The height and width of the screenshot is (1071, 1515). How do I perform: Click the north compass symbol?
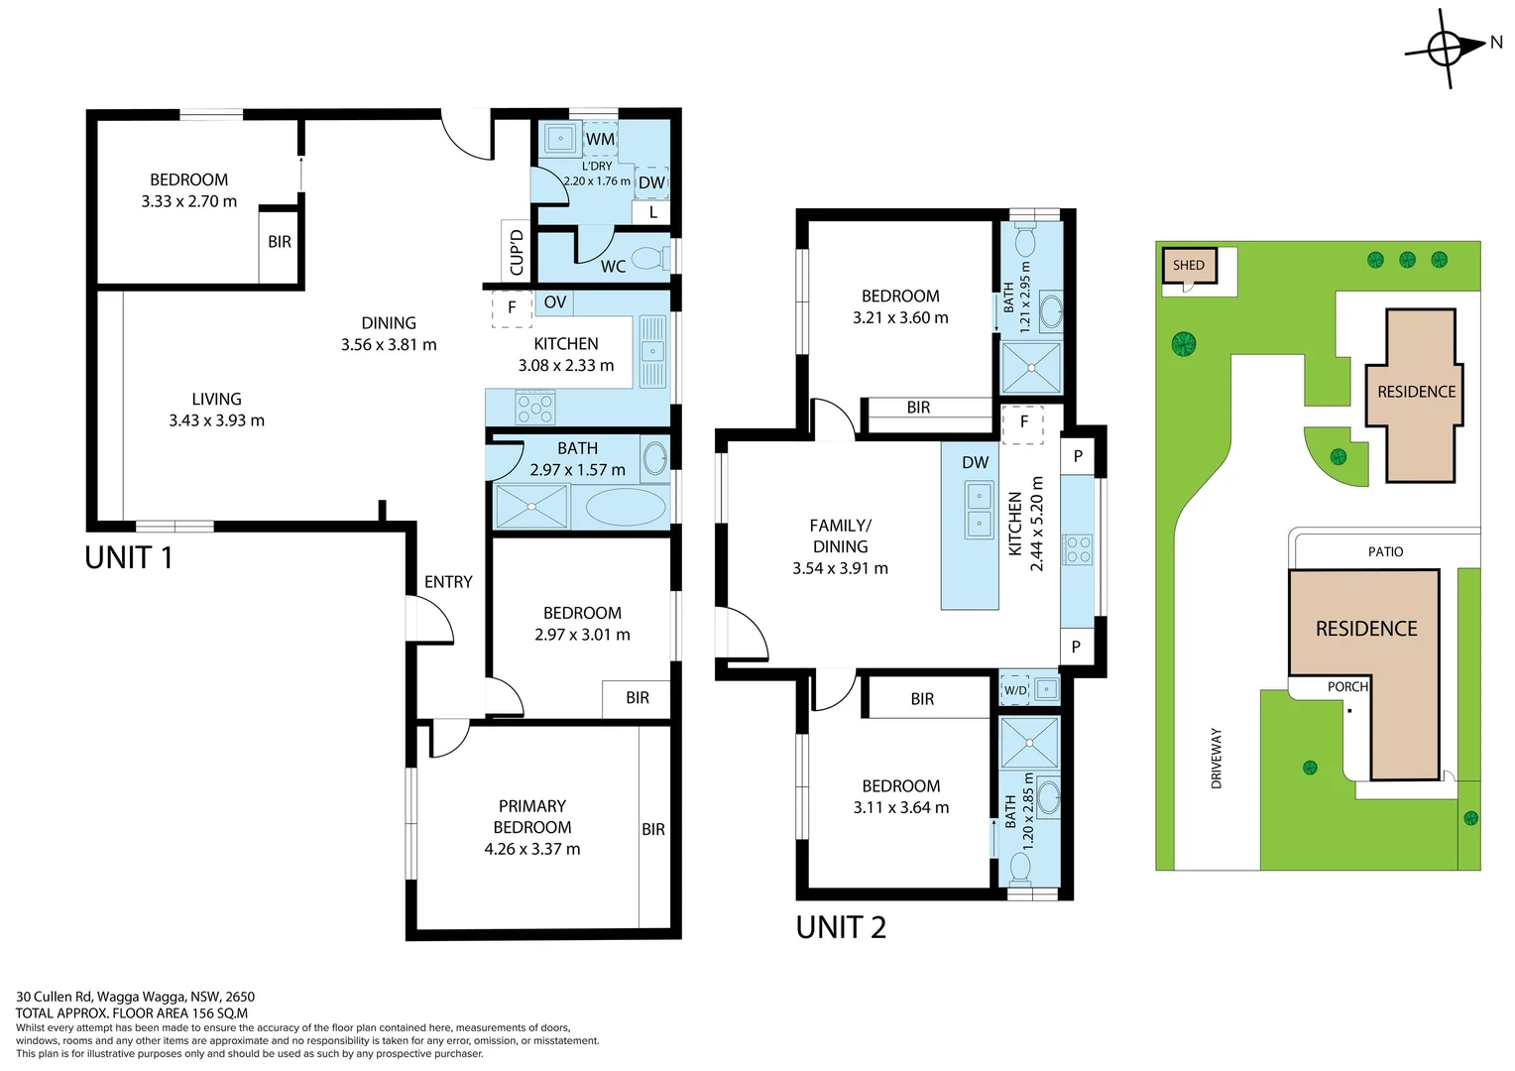[x=1446, y=47]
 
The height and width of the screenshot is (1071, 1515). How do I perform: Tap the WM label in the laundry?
[x=600, y=139]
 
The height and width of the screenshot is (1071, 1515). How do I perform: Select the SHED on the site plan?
[x=1189, y=265]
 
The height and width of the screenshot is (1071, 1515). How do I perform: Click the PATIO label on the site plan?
[x=1385, y=551]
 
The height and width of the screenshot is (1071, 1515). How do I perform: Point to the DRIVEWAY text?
[x=1216, y=759]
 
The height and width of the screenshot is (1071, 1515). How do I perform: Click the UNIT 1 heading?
[x=129, y=558]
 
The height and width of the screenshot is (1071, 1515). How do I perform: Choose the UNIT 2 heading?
[x=841, y=927]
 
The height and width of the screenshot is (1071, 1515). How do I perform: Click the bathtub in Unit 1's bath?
[x=625, y=507]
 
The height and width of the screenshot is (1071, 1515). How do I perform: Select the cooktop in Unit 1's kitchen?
[x=535, y=407]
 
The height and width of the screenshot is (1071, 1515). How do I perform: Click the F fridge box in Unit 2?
[x=1023, y=421]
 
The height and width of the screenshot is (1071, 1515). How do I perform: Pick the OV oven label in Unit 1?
[x=555, y=302]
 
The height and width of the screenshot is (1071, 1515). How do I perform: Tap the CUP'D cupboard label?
[x=517, y=252]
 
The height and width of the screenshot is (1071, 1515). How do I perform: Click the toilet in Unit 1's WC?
[x=647, y=259]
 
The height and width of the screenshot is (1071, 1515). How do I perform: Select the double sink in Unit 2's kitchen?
[x=979, y=510]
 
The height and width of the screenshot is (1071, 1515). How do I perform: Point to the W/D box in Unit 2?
[x=1016, y=690]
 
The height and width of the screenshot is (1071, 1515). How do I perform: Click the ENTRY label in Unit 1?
[x=448, y=582]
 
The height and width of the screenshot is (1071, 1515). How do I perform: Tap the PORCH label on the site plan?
[x=1347, y=686]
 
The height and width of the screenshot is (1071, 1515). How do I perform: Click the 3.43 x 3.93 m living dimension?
[x=216, y=420]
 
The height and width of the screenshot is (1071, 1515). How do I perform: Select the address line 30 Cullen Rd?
[x=135, y=997]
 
